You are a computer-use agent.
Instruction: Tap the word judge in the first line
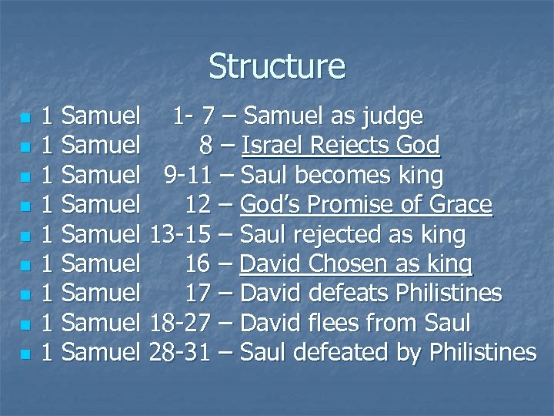coord(394,117)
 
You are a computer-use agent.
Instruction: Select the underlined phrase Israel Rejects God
coord(340,146)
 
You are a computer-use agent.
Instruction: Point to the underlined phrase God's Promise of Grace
coord(365,206)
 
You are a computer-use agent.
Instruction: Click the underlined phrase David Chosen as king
coord(356,265)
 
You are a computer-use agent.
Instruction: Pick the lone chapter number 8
coord(205,146)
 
